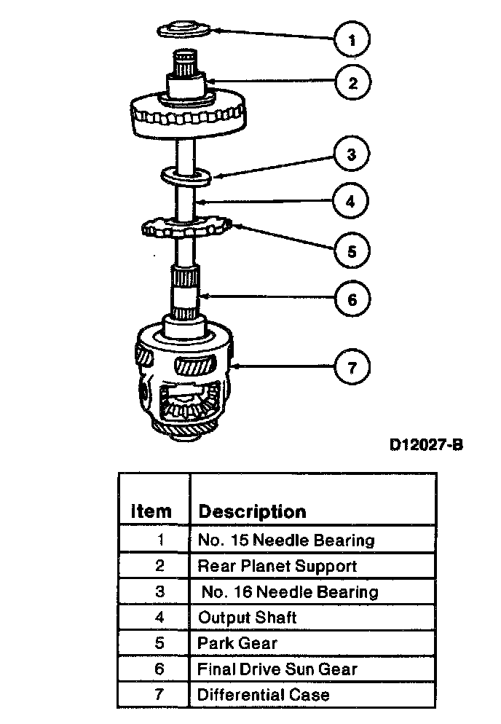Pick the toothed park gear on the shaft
point(186,228)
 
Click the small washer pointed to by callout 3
point(186,176)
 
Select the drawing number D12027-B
point(427,445)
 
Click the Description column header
point(252,511)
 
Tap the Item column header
point(151,511)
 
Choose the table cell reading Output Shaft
point(248,618)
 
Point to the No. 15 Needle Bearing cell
point(286,540)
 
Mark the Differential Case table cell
point(264,694)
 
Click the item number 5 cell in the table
point(160,643)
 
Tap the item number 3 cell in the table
point(160,591)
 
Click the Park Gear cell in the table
point(237,643)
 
